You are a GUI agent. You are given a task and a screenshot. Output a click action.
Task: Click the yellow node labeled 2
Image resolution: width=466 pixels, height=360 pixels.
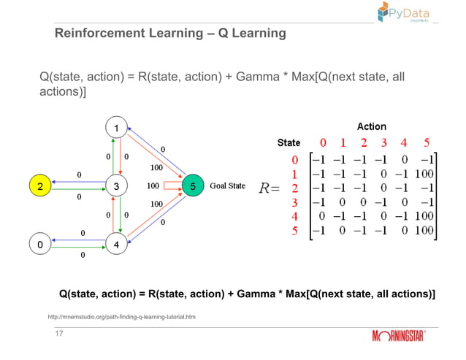40,186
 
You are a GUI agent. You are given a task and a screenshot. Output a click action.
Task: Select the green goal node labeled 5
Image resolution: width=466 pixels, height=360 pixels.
192,186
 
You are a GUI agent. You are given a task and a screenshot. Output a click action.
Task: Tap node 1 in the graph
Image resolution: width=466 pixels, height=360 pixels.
116,129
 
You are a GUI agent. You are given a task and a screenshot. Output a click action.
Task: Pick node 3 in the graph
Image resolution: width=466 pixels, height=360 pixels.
116,186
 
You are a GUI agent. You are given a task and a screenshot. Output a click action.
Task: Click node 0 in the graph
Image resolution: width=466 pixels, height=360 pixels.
40,243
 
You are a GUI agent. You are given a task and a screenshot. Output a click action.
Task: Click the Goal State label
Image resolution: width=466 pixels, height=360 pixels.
227,186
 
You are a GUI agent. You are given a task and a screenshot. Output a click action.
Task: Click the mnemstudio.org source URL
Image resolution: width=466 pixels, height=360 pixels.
121,317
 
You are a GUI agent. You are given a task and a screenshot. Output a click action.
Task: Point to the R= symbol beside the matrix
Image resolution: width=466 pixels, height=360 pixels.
270,189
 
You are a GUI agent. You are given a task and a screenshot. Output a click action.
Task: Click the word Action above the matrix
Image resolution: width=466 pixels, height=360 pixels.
371,126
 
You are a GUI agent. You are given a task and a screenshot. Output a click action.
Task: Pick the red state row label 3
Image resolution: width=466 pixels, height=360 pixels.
295,202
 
